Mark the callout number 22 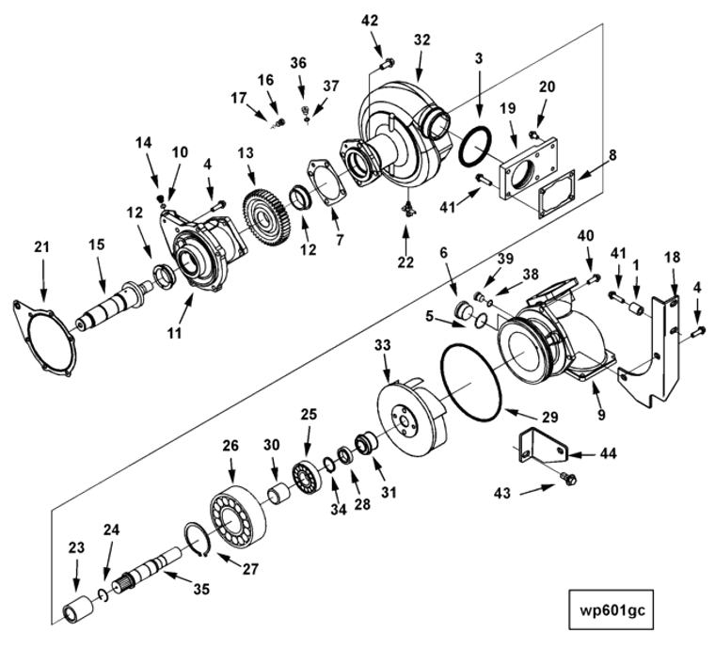pos(405,262)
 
